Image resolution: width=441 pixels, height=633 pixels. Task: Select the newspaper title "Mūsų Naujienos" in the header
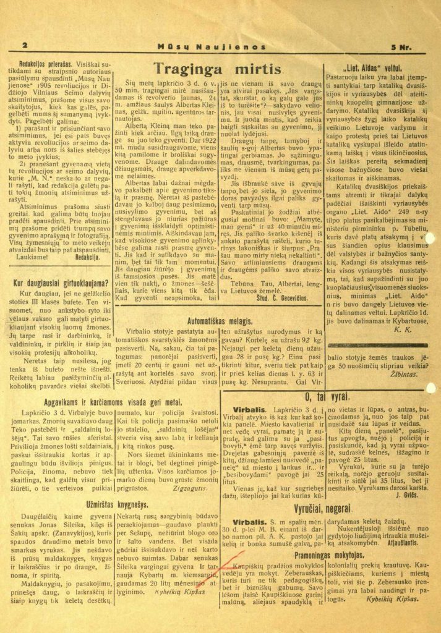(x=212, y=46)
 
